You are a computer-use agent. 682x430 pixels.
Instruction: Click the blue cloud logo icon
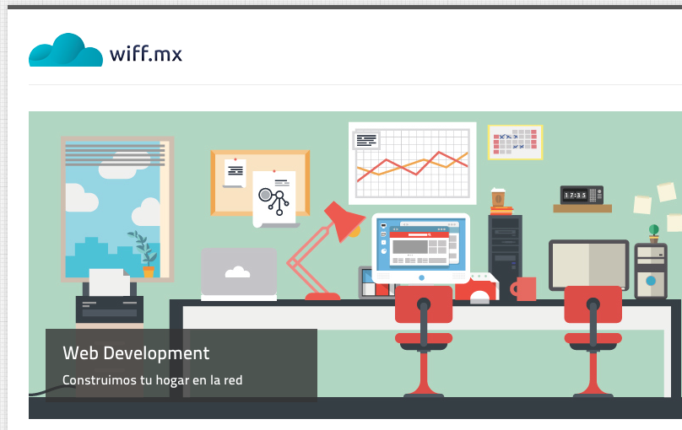66,51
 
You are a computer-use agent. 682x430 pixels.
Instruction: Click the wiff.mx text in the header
146,53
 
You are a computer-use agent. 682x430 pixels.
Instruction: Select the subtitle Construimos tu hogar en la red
152,380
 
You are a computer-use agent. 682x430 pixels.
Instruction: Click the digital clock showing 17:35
582,195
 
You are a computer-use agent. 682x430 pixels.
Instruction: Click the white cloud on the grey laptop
237,271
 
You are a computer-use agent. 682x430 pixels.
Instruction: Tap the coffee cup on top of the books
498,197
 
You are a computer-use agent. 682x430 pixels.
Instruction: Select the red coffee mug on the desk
523,289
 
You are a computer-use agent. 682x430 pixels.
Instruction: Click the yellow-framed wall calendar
516,142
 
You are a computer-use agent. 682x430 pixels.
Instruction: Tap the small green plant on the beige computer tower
654,234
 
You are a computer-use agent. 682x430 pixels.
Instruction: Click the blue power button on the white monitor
421,277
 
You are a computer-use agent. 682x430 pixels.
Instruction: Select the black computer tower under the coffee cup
505,252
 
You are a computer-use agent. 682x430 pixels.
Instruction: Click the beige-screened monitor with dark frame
589,265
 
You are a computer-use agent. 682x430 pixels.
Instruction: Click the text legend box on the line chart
366,140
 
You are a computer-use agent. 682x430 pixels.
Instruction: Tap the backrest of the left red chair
424,304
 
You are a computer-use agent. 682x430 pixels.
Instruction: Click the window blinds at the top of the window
115,154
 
